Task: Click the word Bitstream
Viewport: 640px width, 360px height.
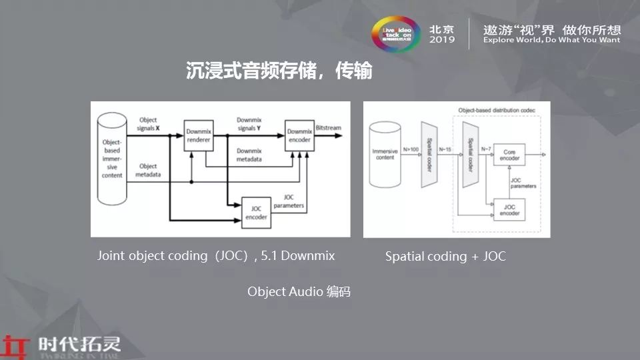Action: click(329, 125)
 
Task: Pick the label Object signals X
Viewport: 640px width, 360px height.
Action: click(149, 124)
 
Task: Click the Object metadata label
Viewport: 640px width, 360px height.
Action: click(149, 170)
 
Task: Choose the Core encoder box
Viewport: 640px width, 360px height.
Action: click(509, 155)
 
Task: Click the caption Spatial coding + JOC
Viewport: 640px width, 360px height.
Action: click(445, 257)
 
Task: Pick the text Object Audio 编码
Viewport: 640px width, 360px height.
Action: click(299, 291)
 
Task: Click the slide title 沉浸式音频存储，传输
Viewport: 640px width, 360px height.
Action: click(279, 71)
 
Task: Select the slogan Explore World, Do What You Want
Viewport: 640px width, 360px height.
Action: click(551, 40)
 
